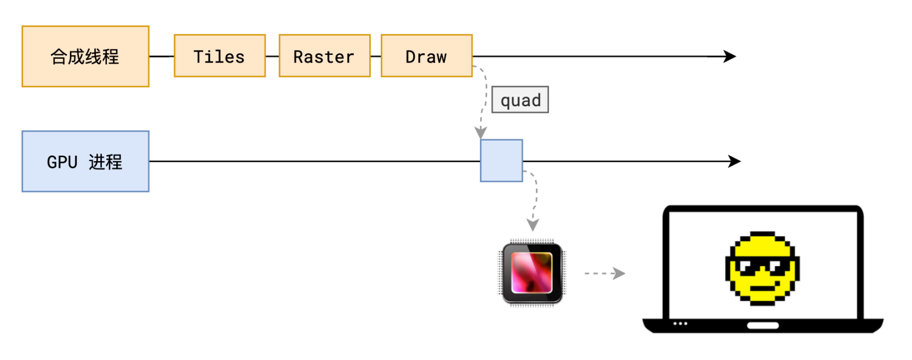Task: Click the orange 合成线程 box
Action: pyautogui.click(x=85, y=56)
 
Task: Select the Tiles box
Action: pyautogui.click(x=219, y=56)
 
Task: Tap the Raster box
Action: pyautogui.click(x=324, y=56)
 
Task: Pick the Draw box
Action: pyautogui.click(x=426, y=56)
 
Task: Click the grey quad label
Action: pyautogui.click(x=520, y=100)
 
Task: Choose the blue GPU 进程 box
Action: pyautogui.click(x=85, y=161)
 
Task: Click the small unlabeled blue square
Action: pyautogui.click(x=501, y=161)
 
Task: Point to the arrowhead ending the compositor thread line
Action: pyautogui.click(x=730, y=56)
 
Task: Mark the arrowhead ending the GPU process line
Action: pyautogui.click(x=735, y=161)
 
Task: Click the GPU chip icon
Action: pyautogui.click(x=532, y=273)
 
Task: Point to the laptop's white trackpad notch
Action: pyautogui.click(x=762, y=325)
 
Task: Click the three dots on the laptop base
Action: pyautogui.click(x=680, y=323)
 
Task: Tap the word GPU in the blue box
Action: pyautogui.click(x=62, y=162)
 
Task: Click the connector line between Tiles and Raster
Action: pyautogui.click(x=272, y=56)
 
